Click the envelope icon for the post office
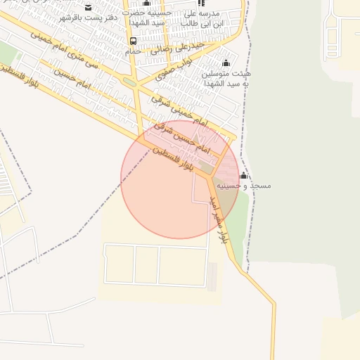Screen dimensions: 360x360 (88, 7)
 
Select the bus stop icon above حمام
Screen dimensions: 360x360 (134, 41)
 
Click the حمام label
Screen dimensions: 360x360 (133, 51)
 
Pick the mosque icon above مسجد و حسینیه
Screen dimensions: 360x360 (243, 175)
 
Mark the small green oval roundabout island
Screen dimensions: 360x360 (129, 82)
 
